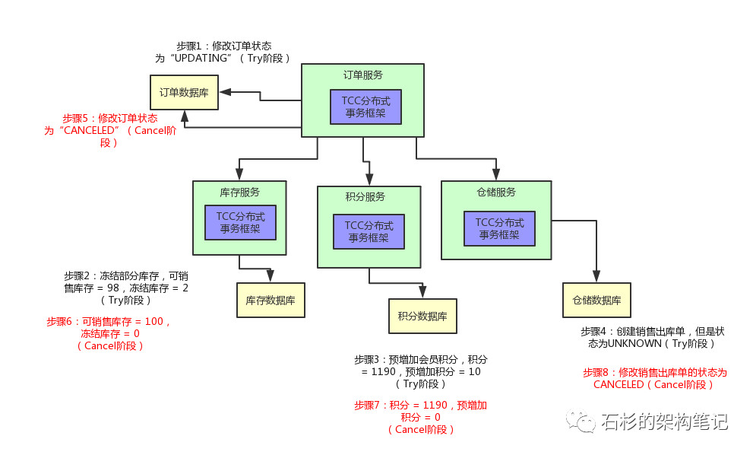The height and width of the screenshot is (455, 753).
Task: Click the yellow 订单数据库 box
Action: click(x=184, y=92)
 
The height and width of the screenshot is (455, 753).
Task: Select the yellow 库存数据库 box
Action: click(x=271, y=301)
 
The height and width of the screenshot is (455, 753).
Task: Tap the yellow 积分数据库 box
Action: click(x=422, y=316)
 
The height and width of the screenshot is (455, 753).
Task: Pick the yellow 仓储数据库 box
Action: click(x=596, y=300)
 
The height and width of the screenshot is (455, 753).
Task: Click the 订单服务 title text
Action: click(x=362, y=75)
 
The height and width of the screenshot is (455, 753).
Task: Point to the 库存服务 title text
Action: click(x=239, y=191)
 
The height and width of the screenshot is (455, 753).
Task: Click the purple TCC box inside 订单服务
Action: click(x=365, y=107)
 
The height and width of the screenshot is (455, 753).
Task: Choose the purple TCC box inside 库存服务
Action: click(x=240, y=222)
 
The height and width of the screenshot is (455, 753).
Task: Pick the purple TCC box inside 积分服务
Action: click(x=369, y=231)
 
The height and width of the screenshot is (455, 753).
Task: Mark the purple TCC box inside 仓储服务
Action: click(x=499, y=228)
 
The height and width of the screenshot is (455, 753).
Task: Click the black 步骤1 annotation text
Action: click(x=223, y=52)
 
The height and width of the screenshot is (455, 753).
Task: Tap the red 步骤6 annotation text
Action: click(x=110, y=333)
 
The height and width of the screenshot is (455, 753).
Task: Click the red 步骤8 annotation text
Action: click(x=654, y=378)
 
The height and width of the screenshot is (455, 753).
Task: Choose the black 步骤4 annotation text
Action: click(x=652, y=338)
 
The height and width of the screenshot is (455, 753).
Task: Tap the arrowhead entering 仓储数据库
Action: click(x=596, y=278)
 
